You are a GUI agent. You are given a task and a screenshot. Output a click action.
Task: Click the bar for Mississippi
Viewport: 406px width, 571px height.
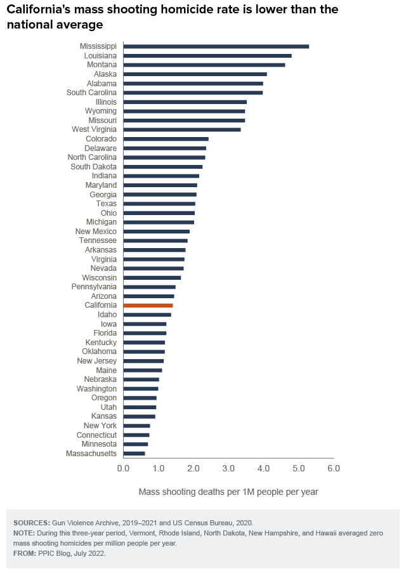216,46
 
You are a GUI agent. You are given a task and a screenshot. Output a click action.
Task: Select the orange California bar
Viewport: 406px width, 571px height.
148,305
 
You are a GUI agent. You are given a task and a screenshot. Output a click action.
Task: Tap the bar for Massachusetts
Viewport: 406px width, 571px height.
134,454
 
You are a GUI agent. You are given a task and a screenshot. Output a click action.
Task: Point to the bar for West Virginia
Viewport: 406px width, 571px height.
182,129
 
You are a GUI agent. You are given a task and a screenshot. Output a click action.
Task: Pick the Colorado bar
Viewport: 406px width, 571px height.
166,139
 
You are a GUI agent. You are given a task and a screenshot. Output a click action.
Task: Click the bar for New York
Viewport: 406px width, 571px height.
136,426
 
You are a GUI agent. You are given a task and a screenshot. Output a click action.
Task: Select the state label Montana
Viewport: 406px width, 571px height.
101,65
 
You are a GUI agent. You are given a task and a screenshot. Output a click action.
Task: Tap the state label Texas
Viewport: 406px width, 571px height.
106,204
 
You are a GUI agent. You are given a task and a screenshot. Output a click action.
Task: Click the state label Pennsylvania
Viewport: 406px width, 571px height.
94,287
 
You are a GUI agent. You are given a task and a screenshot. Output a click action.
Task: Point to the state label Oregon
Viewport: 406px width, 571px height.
104,398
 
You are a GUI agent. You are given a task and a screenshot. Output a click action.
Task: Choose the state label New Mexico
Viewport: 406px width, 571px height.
96,232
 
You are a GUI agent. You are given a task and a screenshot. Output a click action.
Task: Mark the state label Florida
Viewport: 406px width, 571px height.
104,333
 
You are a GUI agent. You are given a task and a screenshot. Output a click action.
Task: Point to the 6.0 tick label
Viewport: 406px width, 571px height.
333,469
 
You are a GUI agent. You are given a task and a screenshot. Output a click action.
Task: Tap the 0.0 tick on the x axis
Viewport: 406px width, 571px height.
123,469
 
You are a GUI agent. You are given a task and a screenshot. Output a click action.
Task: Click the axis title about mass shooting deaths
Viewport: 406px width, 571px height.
228,492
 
